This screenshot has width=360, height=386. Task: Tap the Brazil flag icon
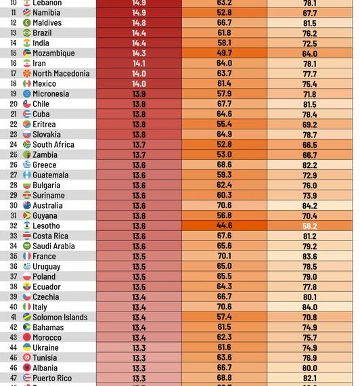pyautogui.click(x=26, y=33)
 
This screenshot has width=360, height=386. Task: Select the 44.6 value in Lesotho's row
pyautogui.click(x=224, y=226)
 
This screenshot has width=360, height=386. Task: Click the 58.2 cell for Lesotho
pyautogui.click(x=310, y=226)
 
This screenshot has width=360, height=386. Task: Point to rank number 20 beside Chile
pyautogui.click(x=12, y=104)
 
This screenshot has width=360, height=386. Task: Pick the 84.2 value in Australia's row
pyautogui.click(x=310, y=206)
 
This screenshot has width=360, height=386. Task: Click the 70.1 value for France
pyautogui.click(x=224, y=257)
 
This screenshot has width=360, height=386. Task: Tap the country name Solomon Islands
pyautogui.click(x=60, y=318)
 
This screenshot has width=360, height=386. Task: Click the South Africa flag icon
pyautogui.click(x=26, y=145)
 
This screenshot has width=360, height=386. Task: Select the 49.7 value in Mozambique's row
pyautogui.click(x=224, y=53)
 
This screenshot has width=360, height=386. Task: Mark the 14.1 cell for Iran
pyautogui.click(x=139, y=64)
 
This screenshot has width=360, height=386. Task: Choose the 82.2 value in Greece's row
pyautogui.click(x=310, y=165)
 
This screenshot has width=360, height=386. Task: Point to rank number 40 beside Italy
pyautogui.click(x=12, y=307)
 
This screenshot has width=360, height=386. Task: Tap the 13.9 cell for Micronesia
pyautogui.click(x=139, y=94)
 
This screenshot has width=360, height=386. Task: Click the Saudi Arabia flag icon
pyautogui.click(x=26, y=246)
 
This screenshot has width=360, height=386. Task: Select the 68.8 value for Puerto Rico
pyautogui.click(x=224, y=379)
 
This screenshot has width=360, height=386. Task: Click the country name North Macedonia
pyautogui.click(x=61, y=74)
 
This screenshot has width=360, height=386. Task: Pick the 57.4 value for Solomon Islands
pyautogui.click(x=224, y=318)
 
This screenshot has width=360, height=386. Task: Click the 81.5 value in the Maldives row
pyautogui.click(x=310, y=23)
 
